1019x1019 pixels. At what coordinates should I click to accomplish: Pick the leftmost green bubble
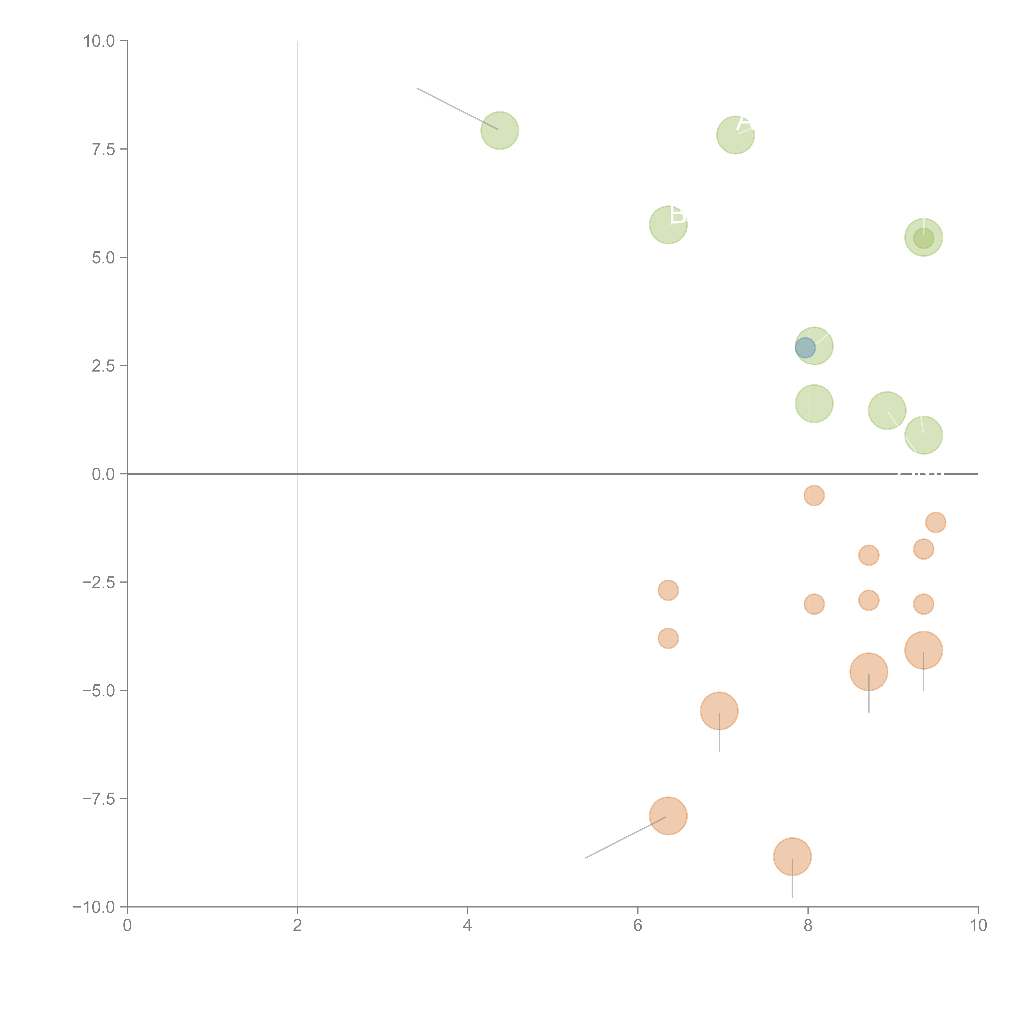(500, 130)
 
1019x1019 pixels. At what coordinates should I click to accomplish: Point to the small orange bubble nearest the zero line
(814, 495)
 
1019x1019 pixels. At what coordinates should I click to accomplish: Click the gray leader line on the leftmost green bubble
(457, 109)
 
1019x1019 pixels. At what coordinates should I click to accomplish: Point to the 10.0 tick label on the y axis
(99, 41)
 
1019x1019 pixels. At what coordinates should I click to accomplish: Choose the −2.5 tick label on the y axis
(99, 582)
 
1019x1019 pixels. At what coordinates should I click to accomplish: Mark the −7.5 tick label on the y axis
(99, 798)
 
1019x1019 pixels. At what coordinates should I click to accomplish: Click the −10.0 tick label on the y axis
(95, 907)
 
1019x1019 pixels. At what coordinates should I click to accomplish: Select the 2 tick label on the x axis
(298, 926)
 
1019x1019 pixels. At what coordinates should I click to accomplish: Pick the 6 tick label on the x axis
(638, 926)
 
